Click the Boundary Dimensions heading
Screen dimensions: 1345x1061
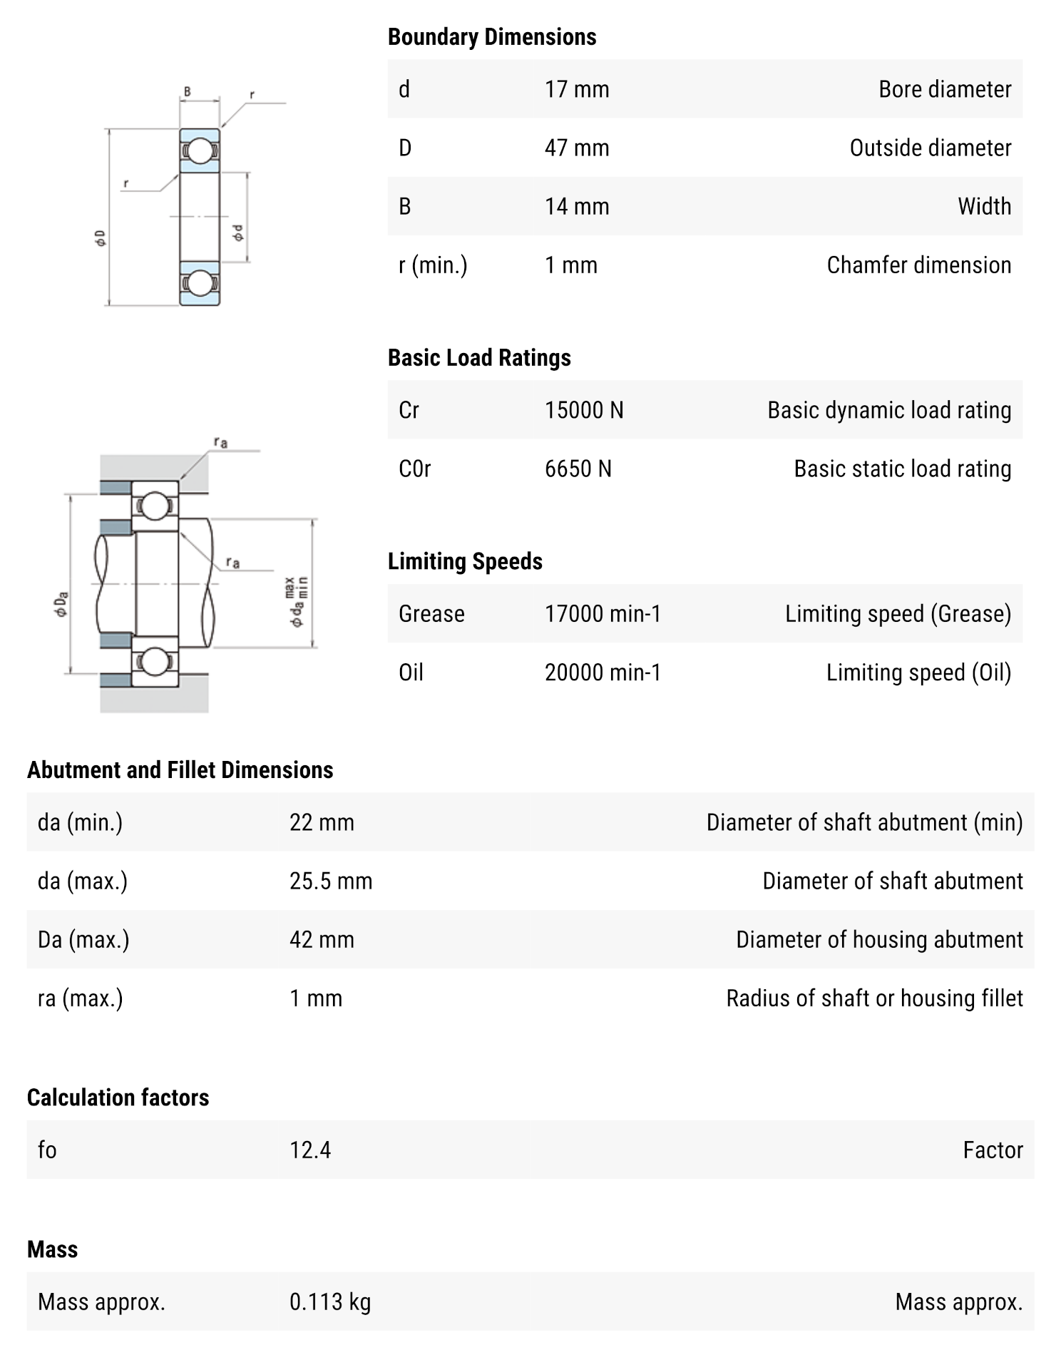click(x=491, y=37)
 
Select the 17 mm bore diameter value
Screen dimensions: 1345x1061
click(x=576, y=89)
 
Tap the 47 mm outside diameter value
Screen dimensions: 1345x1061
click(x=576, y=148)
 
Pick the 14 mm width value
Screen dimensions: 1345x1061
click(x=576, y=206)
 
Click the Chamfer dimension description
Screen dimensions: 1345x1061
click(x=918, y=265)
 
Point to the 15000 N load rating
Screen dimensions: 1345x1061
click(x=583, y=410)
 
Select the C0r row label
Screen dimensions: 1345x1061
click(x=414, y=469)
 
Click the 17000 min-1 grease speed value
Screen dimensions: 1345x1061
click(x=603, y=613)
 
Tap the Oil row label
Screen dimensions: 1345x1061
click(x=411, y=672)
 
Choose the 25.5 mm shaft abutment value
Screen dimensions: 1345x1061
click(x=330, y=881)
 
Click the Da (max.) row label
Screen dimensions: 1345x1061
click(x=83, y=939)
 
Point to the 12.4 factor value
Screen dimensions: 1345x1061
click(x=309, y=1150)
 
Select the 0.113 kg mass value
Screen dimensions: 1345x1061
click(x=329, y=1301)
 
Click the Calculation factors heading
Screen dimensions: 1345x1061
click(x=118, y=1097)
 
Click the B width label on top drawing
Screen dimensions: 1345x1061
click(x=188, y=91)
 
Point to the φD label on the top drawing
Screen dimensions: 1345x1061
click(x=101, y=238)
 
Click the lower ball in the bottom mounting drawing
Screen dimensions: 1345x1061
click(x=154, y=661)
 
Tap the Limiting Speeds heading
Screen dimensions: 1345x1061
click(x=464, y=561)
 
